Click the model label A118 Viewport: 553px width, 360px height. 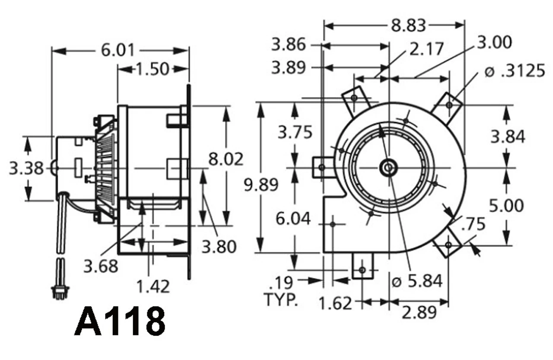coord(120,322)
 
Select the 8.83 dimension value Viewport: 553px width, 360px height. coord(408,25)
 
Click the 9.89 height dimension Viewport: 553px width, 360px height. coord(261,185)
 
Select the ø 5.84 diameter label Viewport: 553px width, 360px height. coord(416,281)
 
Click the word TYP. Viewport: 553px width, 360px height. coord(281,299)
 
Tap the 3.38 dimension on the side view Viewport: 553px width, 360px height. coord(26,168)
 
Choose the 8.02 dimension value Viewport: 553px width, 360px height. coord(226,159)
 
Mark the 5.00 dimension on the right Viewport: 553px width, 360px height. coord(507,206)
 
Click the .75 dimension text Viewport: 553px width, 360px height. coord(473,224)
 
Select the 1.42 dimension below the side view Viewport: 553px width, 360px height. coord(153,286)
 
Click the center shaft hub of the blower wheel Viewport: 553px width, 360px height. coord(388,168)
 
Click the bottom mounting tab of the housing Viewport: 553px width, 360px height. coord(362,266)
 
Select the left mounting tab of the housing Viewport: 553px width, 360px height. coord(322,167)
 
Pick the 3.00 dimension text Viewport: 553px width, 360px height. coord(494,42)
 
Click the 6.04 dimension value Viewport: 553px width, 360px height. coord(293,219)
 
